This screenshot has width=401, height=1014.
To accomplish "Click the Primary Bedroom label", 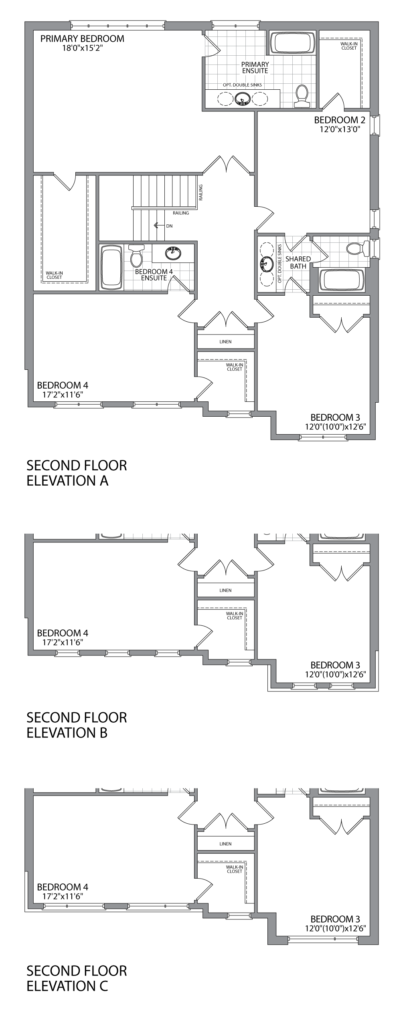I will (82, 39).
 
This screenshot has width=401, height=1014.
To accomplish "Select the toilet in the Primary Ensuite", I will (302, 96).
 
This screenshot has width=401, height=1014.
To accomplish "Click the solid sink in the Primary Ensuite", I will (243, 99).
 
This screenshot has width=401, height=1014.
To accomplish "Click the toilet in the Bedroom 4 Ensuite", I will (136, 255).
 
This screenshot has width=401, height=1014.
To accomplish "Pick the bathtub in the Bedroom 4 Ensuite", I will (111, 267).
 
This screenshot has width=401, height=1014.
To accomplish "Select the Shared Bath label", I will (298, 262).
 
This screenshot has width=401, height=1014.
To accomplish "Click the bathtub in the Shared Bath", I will (342, 280).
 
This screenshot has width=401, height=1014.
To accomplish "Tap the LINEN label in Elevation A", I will (225, 342).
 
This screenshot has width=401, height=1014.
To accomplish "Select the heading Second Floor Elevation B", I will (77, 725).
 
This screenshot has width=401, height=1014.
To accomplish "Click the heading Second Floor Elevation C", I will (77, 978).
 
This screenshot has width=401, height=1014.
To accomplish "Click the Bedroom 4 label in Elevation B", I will (63, 633).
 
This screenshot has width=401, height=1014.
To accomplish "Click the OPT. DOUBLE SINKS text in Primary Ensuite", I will (242, 85).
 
